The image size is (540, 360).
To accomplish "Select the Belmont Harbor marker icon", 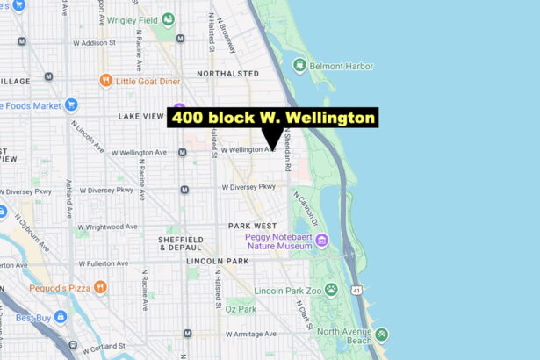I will (x=299, y=65).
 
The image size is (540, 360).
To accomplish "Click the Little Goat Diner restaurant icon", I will (x=106, y=82).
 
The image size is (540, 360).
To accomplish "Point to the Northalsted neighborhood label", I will (x=227, y=74).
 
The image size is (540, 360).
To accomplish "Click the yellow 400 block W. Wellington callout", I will (x=273, y=118).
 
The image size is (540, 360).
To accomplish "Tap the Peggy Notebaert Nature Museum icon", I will (x=322, y=240).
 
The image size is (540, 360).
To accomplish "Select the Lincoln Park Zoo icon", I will (x=331, y=290).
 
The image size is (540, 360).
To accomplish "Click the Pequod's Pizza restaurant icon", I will (x=102, y=287).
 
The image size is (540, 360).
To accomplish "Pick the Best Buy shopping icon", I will (x=60, y=317).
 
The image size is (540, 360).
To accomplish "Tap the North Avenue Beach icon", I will (x=381, y=335).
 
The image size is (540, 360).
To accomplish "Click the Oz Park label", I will (x=240, y=309).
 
